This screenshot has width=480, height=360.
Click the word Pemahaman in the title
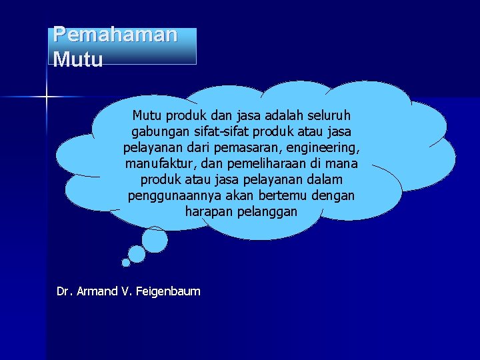click(115, 35)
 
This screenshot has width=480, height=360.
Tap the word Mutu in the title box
click(78, 60)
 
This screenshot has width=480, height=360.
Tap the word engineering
click(323, 147)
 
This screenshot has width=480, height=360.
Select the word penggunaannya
click(170, 195)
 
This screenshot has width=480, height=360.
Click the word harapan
click(210, 211)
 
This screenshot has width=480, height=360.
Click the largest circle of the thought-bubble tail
click(155, 239)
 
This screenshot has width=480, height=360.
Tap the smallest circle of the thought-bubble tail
click(126, 263)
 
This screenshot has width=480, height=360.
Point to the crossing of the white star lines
click(47, 97)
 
